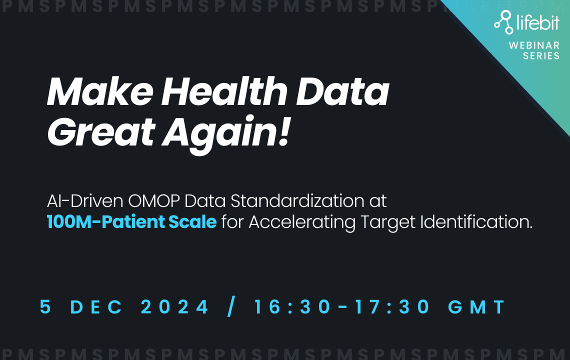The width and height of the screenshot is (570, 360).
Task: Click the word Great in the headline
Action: (101, 131)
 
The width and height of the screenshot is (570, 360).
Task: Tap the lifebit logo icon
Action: (503, 22)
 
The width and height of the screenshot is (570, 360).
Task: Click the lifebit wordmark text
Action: (538, 22)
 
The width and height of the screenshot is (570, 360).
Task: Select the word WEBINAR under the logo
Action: (534, 45)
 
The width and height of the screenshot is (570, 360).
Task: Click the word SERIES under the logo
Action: (541, 55)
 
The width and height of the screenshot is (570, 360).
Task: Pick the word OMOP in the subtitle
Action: (154, 201)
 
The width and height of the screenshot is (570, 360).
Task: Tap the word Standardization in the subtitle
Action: (297, 201)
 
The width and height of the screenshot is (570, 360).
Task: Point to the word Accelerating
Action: (303, 222)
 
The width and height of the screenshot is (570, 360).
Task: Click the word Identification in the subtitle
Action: (476, 222)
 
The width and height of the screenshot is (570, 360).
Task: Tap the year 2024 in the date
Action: (174, 307)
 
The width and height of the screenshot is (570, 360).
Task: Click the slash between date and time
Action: (231, 306)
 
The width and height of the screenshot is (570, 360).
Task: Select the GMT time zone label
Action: (476, 307)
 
